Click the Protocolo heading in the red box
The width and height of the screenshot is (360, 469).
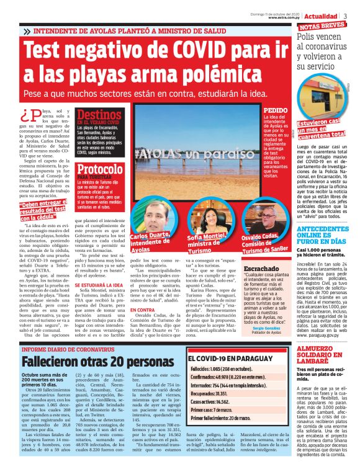click(x=101, y=169)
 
